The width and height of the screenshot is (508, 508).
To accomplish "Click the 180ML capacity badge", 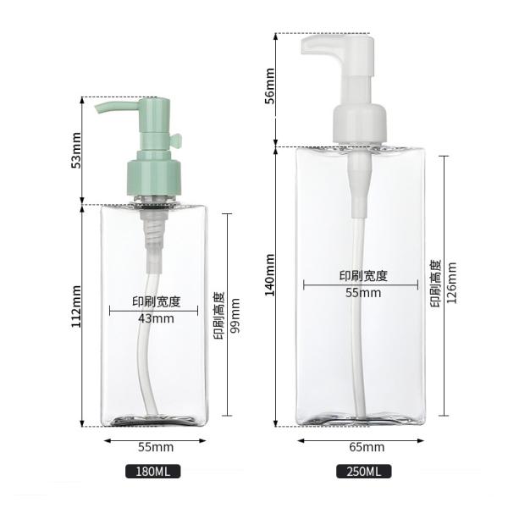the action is [153, 472].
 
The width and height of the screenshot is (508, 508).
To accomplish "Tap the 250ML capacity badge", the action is [363, 472].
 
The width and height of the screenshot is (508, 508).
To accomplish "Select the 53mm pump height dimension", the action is [76, 150].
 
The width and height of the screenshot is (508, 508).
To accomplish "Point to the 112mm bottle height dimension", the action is [76, 306].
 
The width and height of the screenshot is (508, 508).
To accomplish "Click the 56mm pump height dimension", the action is [269, 86].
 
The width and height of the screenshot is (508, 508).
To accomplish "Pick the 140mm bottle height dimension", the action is [269, 274].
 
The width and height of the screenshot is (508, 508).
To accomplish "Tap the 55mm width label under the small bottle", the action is [156, 447].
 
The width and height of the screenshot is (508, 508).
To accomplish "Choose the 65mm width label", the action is [367, 447].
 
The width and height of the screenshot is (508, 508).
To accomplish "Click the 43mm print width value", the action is [156, 318].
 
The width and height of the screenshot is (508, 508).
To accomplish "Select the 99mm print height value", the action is [235, 316].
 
